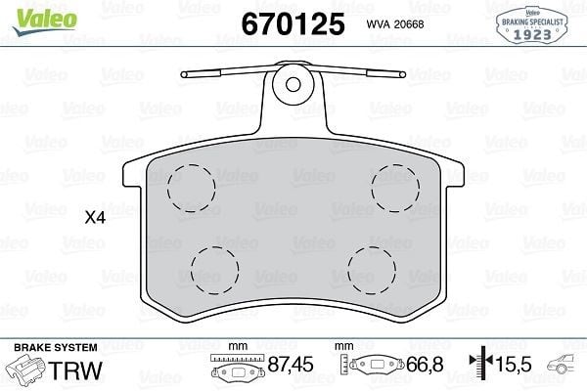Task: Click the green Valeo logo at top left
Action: click(45, 21)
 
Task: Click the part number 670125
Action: click(293, 23)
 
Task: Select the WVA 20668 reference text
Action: click(395, 24)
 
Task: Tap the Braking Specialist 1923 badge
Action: click(532, 25)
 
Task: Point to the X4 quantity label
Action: click(95, 217)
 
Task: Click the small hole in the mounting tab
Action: click(293, 85)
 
